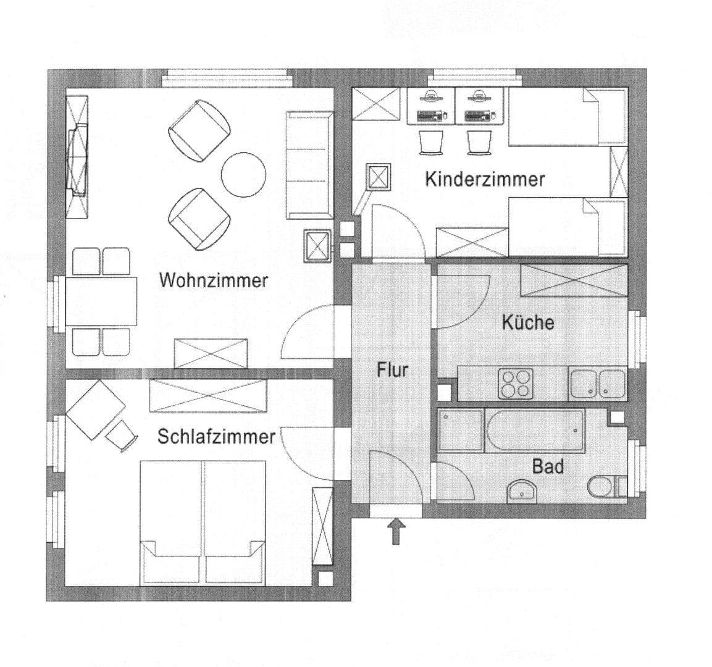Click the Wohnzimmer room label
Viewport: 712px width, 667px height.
213,280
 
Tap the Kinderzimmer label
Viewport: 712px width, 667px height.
485,179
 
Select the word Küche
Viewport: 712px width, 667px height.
527,322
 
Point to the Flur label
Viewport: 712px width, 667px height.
393,370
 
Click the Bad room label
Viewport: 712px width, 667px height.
548,466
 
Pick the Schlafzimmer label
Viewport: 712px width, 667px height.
216,437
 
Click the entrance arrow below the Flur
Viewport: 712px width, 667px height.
396,531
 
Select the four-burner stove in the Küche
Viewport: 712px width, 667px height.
516,384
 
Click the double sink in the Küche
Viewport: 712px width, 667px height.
597,384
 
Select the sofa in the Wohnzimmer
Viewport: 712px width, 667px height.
309,165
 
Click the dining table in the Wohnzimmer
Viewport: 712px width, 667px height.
101,301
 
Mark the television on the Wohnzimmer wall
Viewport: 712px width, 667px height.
78,160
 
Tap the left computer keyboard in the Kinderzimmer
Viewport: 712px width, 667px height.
430,115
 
